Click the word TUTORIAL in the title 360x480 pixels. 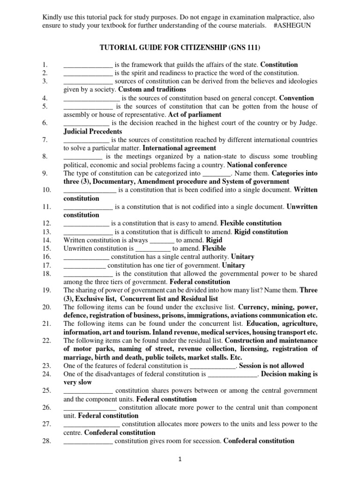click(x=116, y=47)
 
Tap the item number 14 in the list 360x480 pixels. click(x=45, y=240)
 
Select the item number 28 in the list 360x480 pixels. click(x=45, y=441)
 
